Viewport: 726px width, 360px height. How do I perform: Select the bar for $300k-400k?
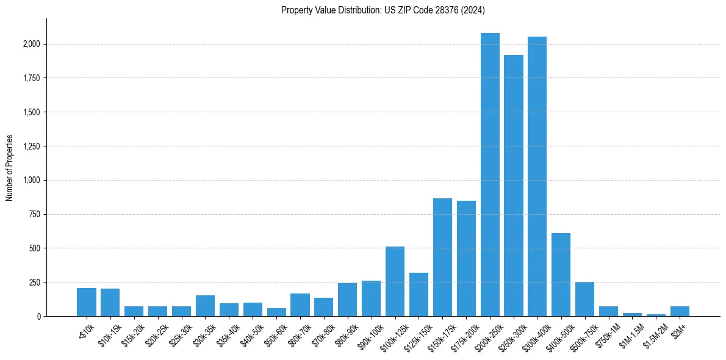(x=537, y=176)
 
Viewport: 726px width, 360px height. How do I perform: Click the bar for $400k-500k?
(x=561, y=275)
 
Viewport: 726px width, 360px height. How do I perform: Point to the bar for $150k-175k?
(x=442, y=257)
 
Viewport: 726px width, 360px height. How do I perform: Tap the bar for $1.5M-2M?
(x=656, y=315)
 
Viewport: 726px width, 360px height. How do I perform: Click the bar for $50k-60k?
(x=276, y=312)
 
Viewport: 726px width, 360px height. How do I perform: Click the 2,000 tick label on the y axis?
(x=32, y=44)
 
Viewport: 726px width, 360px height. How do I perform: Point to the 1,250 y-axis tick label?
(x=32, y=146)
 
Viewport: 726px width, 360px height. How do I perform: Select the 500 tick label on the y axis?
(x=35, y=248)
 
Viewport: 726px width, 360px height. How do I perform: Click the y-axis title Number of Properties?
(x=10, y=167)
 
